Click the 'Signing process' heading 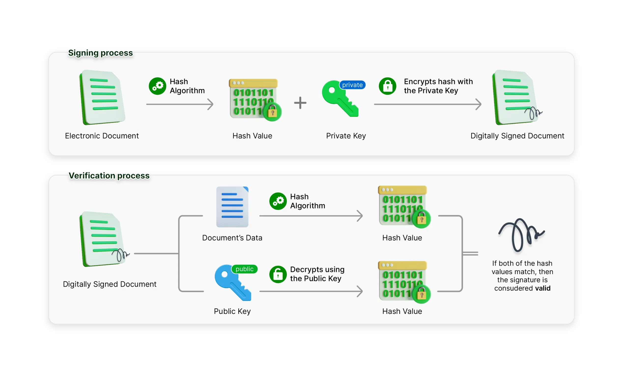click(100, 53)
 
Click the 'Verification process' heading click(109, 175)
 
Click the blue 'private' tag click(352, 85)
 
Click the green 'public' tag click(244, 269)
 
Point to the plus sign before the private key click(300, 103)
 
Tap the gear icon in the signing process click(157, 86)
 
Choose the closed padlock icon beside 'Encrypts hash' click(387, 86)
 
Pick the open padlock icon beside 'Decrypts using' click(278, 274)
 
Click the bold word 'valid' click(543, 288)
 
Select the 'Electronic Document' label click(102, 136)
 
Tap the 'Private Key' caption click(346, 136)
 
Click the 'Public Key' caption click(232, 311)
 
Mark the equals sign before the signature click(470, 254)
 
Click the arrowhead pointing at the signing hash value click(211, 104)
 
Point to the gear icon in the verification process click(278, 201)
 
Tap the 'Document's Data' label click(232, 238)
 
